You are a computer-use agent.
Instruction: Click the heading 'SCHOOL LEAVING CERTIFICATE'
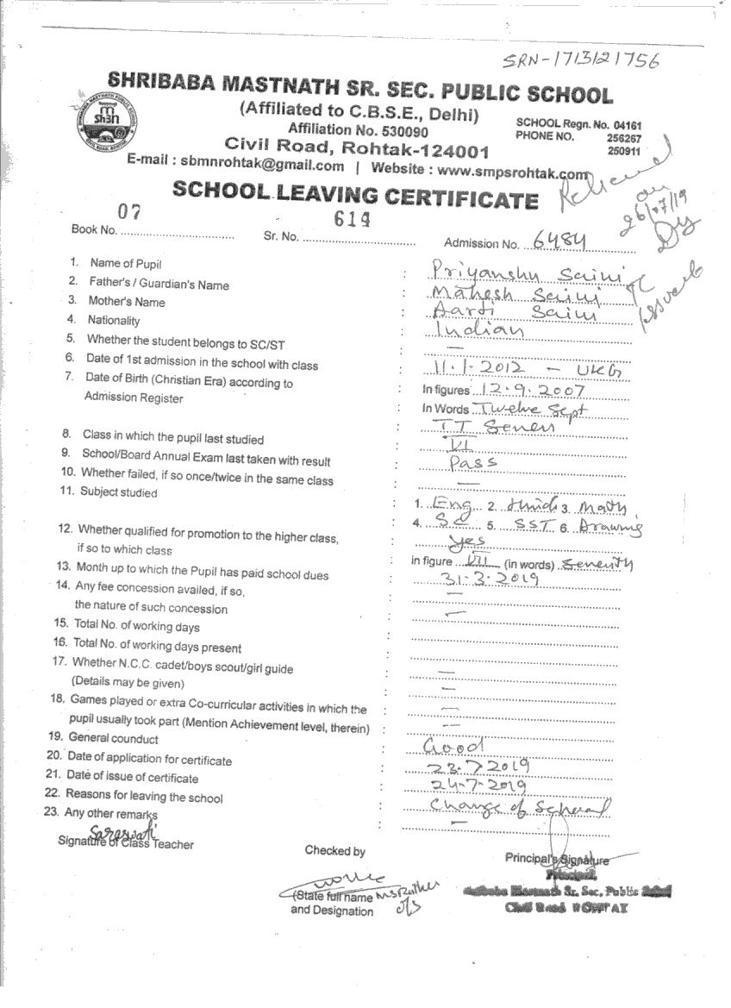355,193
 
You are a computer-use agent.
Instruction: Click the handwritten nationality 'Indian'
479,331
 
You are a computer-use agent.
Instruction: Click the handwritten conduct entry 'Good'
454,745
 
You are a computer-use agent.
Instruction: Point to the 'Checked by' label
334,851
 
